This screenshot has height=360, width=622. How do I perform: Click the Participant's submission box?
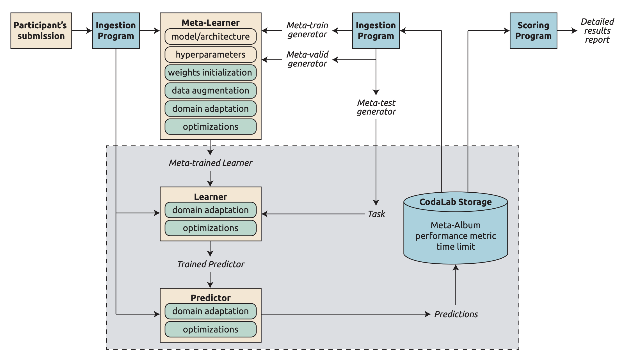pyautogui.click(x=41, y=31)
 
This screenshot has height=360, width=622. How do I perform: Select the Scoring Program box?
pyautogui.click(x=533, y=31)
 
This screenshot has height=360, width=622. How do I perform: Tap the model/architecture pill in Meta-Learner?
pyautogui.click(x=210, y=37)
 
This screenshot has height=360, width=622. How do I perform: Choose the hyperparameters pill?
pyautogui.click(x=210, y=54)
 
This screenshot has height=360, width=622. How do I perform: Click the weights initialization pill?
pyautogui.click(x=210, y=72)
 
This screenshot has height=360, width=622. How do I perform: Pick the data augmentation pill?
pyautogui.click(x=210, y=90)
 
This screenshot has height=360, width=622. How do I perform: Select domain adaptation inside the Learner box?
pyautogui.click(x=210, y=210)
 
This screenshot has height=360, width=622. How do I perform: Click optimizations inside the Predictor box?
pyautogui.click(x=210, y=329)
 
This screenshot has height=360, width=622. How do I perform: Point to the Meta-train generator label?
pyautogui.click(x=307, y=30)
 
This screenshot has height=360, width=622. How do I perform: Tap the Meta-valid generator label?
pyautogui.click(x=307, y=59)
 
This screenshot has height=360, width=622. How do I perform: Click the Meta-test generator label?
pyautogui.click(x=376, y=107)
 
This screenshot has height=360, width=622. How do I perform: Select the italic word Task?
pyautogui.click(x=376, y=214)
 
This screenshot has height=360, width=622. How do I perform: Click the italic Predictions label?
pyautogui.click(x=456, y=314)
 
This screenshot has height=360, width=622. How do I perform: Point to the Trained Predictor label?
pyautogui.click(x=211, y=264)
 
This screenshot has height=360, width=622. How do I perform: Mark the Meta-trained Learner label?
pyautogui.click(x=211, y=163)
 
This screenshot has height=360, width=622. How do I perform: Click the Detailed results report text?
pyautogui.click(x=597, y=31)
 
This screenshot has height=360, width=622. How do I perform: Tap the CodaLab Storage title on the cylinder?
pyautogui.click(x=455, y=202)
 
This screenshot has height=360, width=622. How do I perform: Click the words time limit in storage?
pyautogui.click(x=455, y=247)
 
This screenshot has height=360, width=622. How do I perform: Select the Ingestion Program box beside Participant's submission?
pyautogui.click(x=116, y=31)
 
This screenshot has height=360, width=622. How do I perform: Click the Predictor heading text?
pyautogui.click(x=211, y=298)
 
